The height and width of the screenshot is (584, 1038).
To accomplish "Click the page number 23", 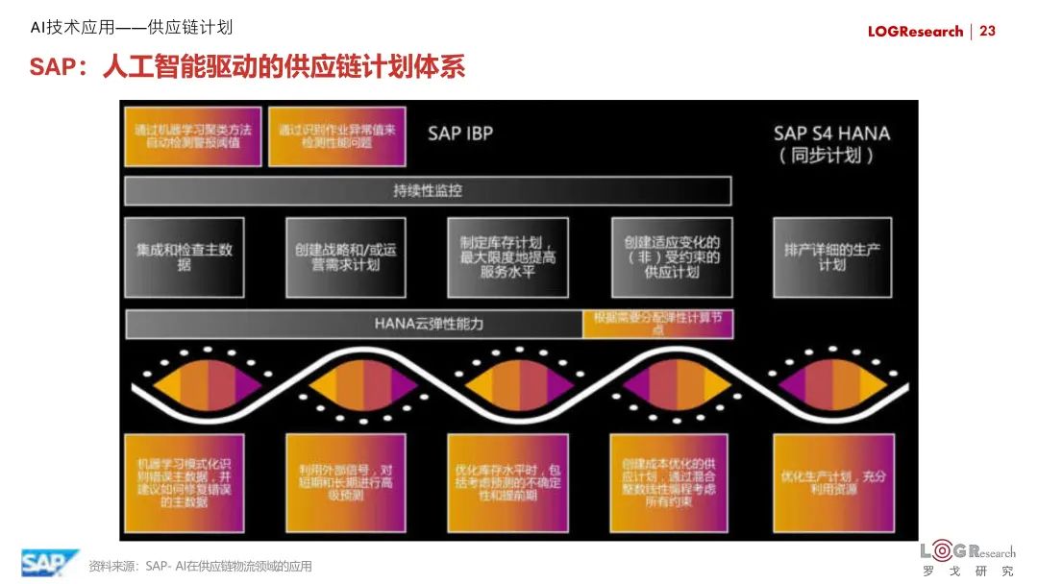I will [x=987, y=32].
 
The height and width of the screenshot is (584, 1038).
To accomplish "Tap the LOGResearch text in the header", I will [x=915, y=32].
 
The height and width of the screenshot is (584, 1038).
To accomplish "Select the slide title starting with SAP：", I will [x=247, y=68].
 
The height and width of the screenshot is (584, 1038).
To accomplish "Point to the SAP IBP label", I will [x=460, y=134].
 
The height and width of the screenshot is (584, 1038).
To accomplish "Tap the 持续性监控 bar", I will [x=428, y=190].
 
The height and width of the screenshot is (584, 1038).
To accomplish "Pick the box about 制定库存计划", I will [x=507, y=256].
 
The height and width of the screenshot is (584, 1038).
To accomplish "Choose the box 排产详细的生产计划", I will [x=832, y=256].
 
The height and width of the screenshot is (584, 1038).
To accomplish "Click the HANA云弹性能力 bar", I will [x=354, y=324].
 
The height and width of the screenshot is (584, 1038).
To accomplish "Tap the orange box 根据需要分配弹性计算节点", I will [x=658, y=324].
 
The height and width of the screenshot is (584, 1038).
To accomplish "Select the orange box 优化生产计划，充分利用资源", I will [x=832, y=483].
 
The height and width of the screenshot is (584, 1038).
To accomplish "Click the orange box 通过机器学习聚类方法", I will [x=193, y=136].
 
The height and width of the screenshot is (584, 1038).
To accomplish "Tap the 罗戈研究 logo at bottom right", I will [x=967, y=559].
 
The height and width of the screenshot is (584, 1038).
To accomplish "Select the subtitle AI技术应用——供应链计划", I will [x=132, y=28].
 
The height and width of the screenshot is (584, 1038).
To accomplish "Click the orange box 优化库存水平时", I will [x=507, y=483].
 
